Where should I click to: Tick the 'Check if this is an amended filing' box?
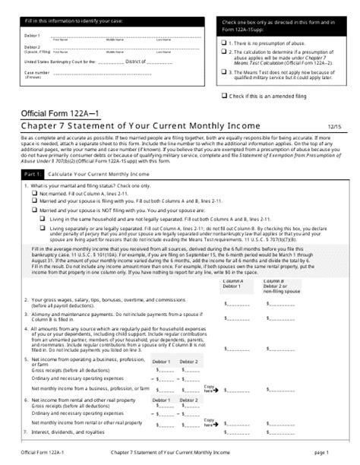point(225,96)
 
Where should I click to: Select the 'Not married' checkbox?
point(34,193)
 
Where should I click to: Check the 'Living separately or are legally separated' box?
point(42,225)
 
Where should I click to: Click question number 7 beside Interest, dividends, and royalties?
point(27,432)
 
